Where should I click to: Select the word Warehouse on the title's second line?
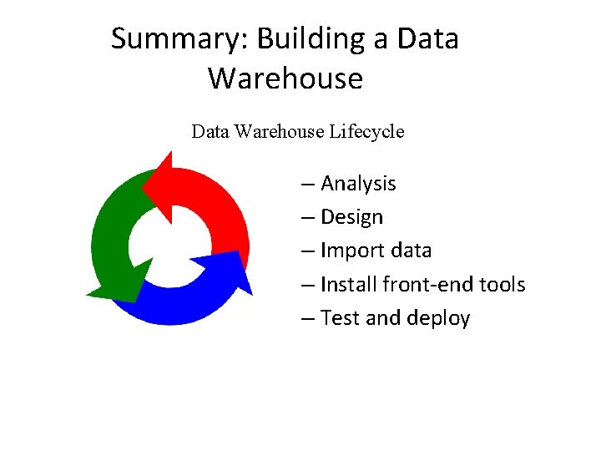[285, 79]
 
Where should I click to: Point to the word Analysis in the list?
[358, 184]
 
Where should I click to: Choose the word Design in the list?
[351, 217]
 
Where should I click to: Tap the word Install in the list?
[348, 285]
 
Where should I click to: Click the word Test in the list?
[339, 318]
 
